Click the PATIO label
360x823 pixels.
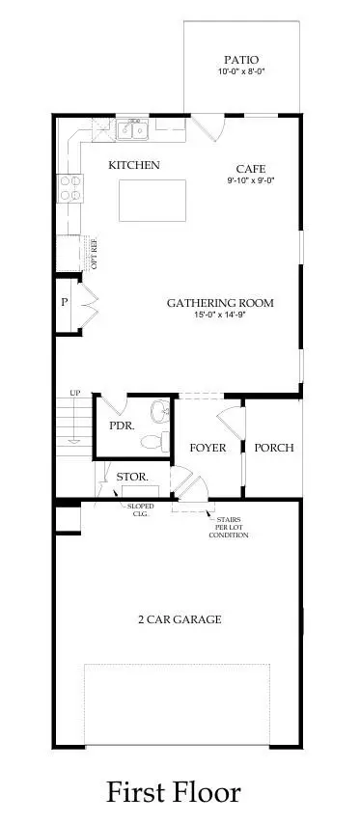tap(241, 58)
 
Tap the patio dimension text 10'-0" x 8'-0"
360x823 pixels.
tap(241, 71)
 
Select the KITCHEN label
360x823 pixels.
tap(134, 165)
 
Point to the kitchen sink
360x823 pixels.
tap(133, 128)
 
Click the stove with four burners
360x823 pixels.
tap(69, 185)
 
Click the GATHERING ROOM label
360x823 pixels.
tap(220, 303)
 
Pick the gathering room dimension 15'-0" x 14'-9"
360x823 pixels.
tap(220, 315)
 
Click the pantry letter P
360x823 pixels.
tap(64, 302)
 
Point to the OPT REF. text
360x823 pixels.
tap(95, 253)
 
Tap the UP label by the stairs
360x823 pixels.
tap(73, 393)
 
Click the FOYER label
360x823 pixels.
tap(208, 448)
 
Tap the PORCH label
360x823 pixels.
tap(273, 448)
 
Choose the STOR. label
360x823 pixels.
tap(131, 477)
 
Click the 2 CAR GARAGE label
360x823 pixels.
tap(179, 618)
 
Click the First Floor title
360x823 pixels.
tap(174, 792)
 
